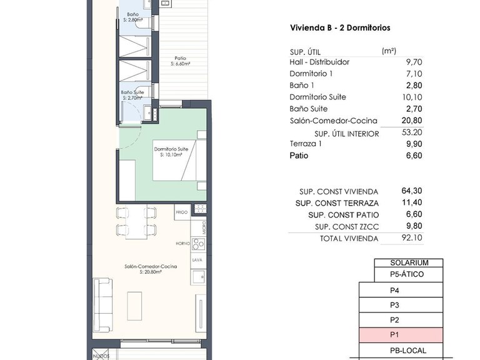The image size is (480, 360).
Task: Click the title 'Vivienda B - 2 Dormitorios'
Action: click(340, 28)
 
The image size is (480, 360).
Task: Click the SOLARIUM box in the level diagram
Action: click(408, 263)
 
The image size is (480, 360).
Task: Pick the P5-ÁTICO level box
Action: click(408, 274)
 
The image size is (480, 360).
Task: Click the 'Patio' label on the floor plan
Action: click(180, 58)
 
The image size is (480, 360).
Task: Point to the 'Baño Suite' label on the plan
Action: click(132, 92)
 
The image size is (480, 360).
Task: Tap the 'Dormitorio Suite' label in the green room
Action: click(171, 149)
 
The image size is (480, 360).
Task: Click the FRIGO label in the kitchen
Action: click(182, 213)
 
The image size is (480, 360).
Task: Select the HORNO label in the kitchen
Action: click(182, 244)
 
